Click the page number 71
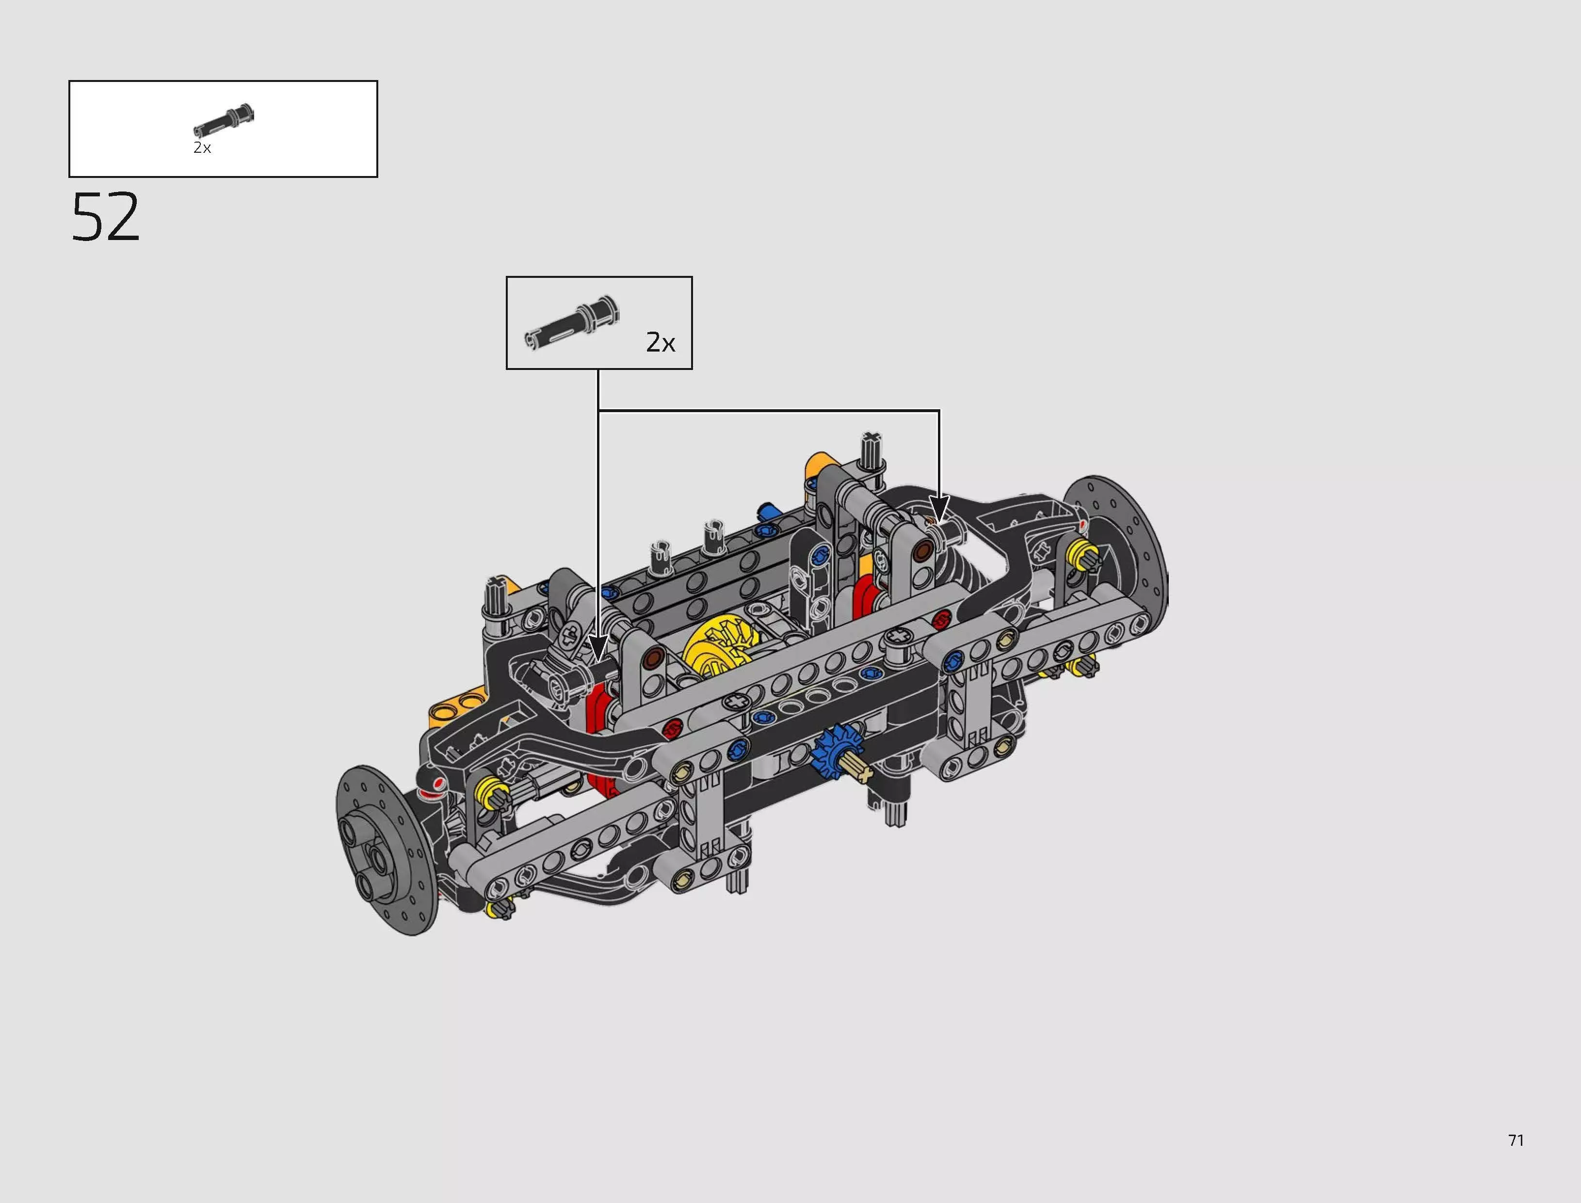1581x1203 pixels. [x=1516, y=1140]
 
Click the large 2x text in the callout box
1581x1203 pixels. [x=660, y=343]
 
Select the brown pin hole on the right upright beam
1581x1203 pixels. [x=923, y=550]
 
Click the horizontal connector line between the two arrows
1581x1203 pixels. [x=768, y=410]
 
